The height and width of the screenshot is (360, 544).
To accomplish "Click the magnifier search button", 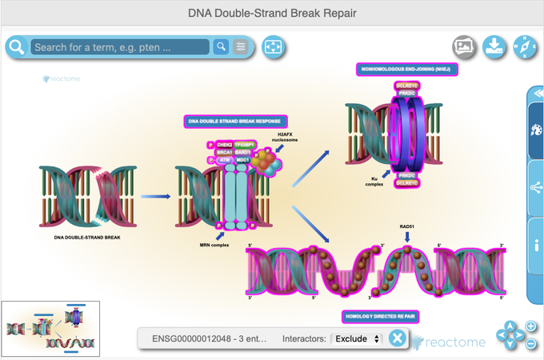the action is coord(222,47).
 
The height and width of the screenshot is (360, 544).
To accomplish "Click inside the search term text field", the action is coord(121,47).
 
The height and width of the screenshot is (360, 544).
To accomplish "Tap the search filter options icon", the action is coord(241,47).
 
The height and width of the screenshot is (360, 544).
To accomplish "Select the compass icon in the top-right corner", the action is coord(526,46).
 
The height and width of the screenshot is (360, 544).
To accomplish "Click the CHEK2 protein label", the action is coord(225,145).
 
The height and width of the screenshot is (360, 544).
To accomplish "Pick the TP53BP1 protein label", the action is coord(245,145).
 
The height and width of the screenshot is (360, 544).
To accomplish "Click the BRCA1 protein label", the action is coord(224,152).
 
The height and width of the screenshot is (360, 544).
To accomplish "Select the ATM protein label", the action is coord(225,160).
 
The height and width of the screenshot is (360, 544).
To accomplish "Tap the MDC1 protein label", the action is coord(243,160).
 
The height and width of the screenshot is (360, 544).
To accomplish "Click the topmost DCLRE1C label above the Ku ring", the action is coord(406,85).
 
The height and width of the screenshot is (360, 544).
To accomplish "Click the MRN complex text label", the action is coord(214,243).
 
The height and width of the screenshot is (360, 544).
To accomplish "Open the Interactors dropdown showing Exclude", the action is coord(357,339).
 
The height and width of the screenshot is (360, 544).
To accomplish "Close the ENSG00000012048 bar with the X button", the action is coord(397,339).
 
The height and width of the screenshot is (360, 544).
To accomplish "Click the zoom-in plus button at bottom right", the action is coord(530,326).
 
